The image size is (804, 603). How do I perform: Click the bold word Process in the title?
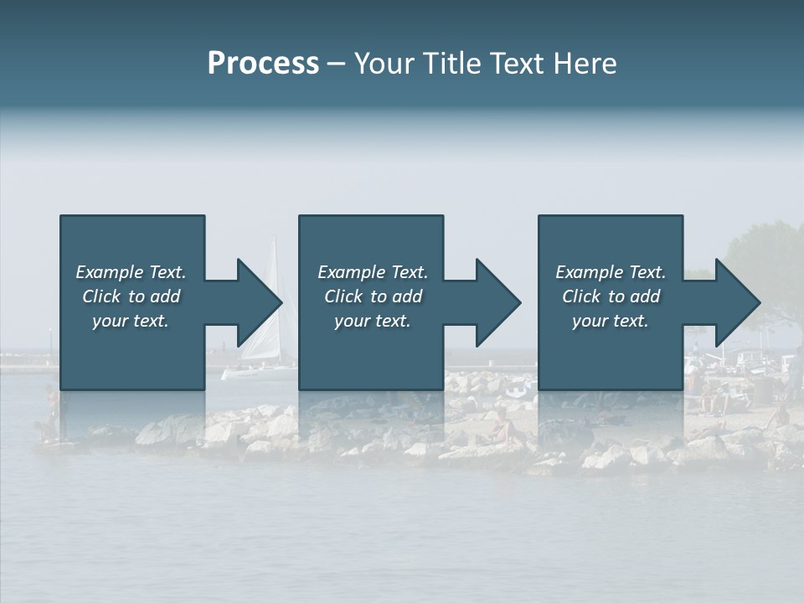click(263, 64)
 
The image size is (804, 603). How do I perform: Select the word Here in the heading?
click(586, 64)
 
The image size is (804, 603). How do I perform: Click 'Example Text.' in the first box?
click(131, 272)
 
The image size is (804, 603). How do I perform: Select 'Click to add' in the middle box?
click(373, 296)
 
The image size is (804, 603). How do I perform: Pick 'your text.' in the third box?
click(611, 321)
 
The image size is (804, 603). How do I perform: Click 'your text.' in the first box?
click(131, 321)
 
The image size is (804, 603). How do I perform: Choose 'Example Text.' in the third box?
click(611, 272)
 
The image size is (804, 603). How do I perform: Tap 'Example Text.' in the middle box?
click(373, 272)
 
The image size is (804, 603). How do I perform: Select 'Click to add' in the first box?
click(131, 296)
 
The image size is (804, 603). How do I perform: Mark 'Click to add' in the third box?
click(611, 296)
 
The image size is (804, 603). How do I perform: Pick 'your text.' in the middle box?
click(373, 321)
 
